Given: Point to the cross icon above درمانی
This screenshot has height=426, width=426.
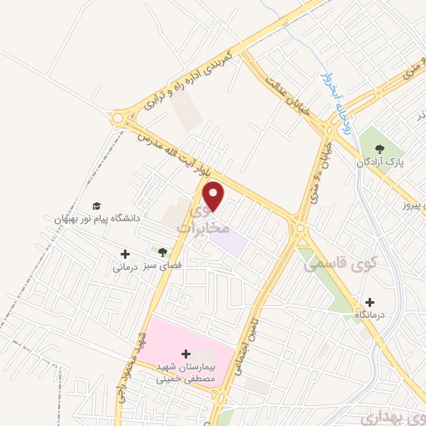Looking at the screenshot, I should coord(126,254).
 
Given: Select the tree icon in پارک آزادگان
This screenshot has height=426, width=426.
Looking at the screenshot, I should coord(378,146).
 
